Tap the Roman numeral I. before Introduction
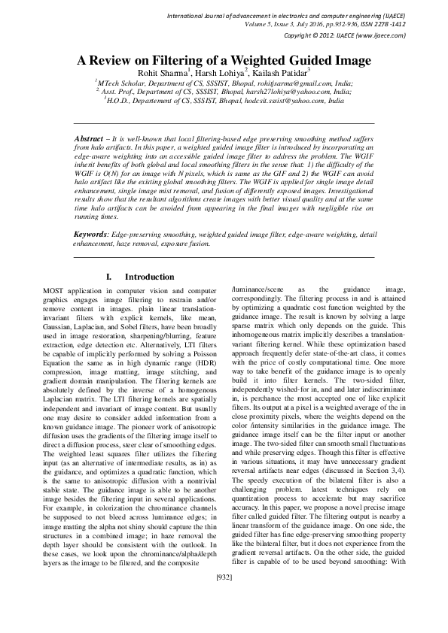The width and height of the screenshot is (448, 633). [x=110, y=277]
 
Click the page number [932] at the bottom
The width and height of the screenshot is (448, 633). [x=224, y=619]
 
